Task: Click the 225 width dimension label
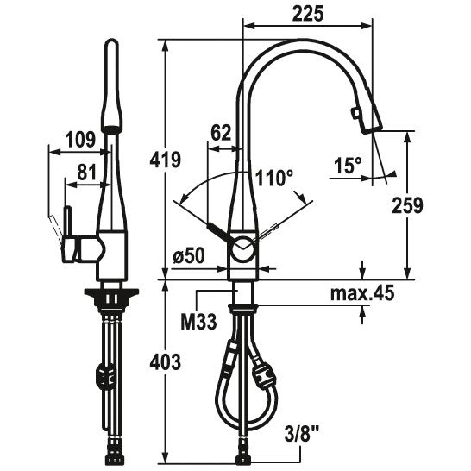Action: [x=308, y=14]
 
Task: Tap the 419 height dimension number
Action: [x=166, y=160]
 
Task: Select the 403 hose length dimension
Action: [x=166, y=361]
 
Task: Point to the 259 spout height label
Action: [x=407, y=206]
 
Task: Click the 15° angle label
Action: [x=348, y=165]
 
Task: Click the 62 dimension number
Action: [x=221, y=133]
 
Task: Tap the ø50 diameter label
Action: [x=189, y=256]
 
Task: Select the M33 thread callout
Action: [x=198, y=322]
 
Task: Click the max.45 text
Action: [x=362, y=293]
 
